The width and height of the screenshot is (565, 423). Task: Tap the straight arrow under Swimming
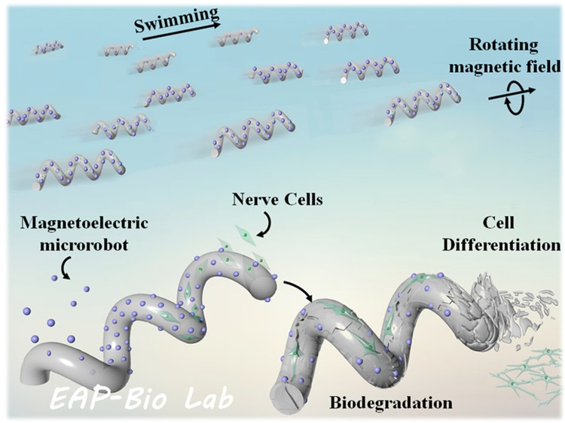click(182, 32)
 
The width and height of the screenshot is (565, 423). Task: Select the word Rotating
click(503, 46)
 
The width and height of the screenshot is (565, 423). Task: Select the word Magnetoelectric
click(84, 223)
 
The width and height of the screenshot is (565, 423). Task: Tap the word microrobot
click(84, 245)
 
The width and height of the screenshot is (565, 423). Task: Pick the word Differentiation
click(502, 245)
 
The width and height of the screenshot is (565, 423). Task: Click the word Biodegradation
click(391, 403)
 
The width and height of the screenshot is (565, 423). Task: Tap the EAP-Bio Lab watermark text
click(141, 399)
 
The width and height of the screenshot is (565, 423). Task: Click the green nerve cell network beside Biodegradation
click(527, 371)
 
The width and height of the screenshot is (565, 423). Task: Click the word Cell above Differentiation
click(499, 223)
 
